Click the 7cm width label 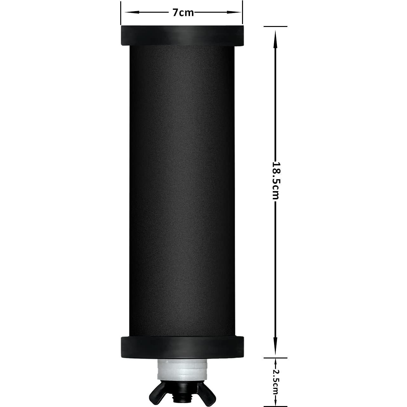[183, 13]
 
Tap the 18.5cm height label [276, 181]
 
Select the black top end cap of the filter [182, 36]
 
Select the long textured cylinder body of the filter [182, 190]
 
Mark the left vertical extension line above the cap [121, 13]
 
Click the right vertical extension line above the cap [243, 13]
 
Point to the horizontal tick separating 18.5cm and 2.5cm [275, 358]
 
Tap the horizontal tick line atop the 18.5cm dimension [275, 27]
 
